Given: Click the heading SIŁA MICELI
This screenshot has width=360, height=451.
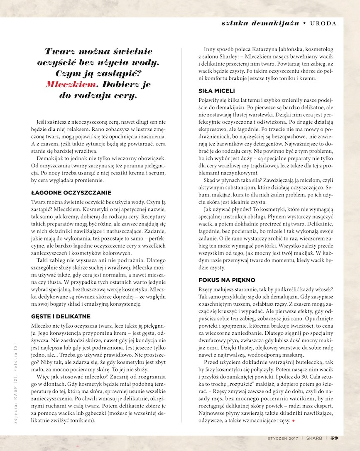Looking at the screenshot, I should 217,91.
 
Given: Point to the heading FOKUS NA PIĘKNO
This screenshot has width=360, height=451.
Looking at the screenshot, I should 227,280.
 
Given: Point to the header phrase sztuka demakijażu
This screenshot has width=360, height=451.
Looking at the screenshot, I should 260,23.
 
